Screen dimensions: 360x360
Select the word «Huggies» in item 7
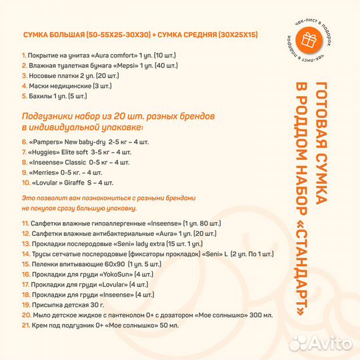pyautogui.click(x=46, y=152)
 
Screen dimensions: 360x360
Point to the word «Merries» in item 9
pyautogui.click(x=45, y=172)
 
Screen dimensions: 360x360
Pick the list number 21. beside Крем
pyautogui.click(x=25, y=325)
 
